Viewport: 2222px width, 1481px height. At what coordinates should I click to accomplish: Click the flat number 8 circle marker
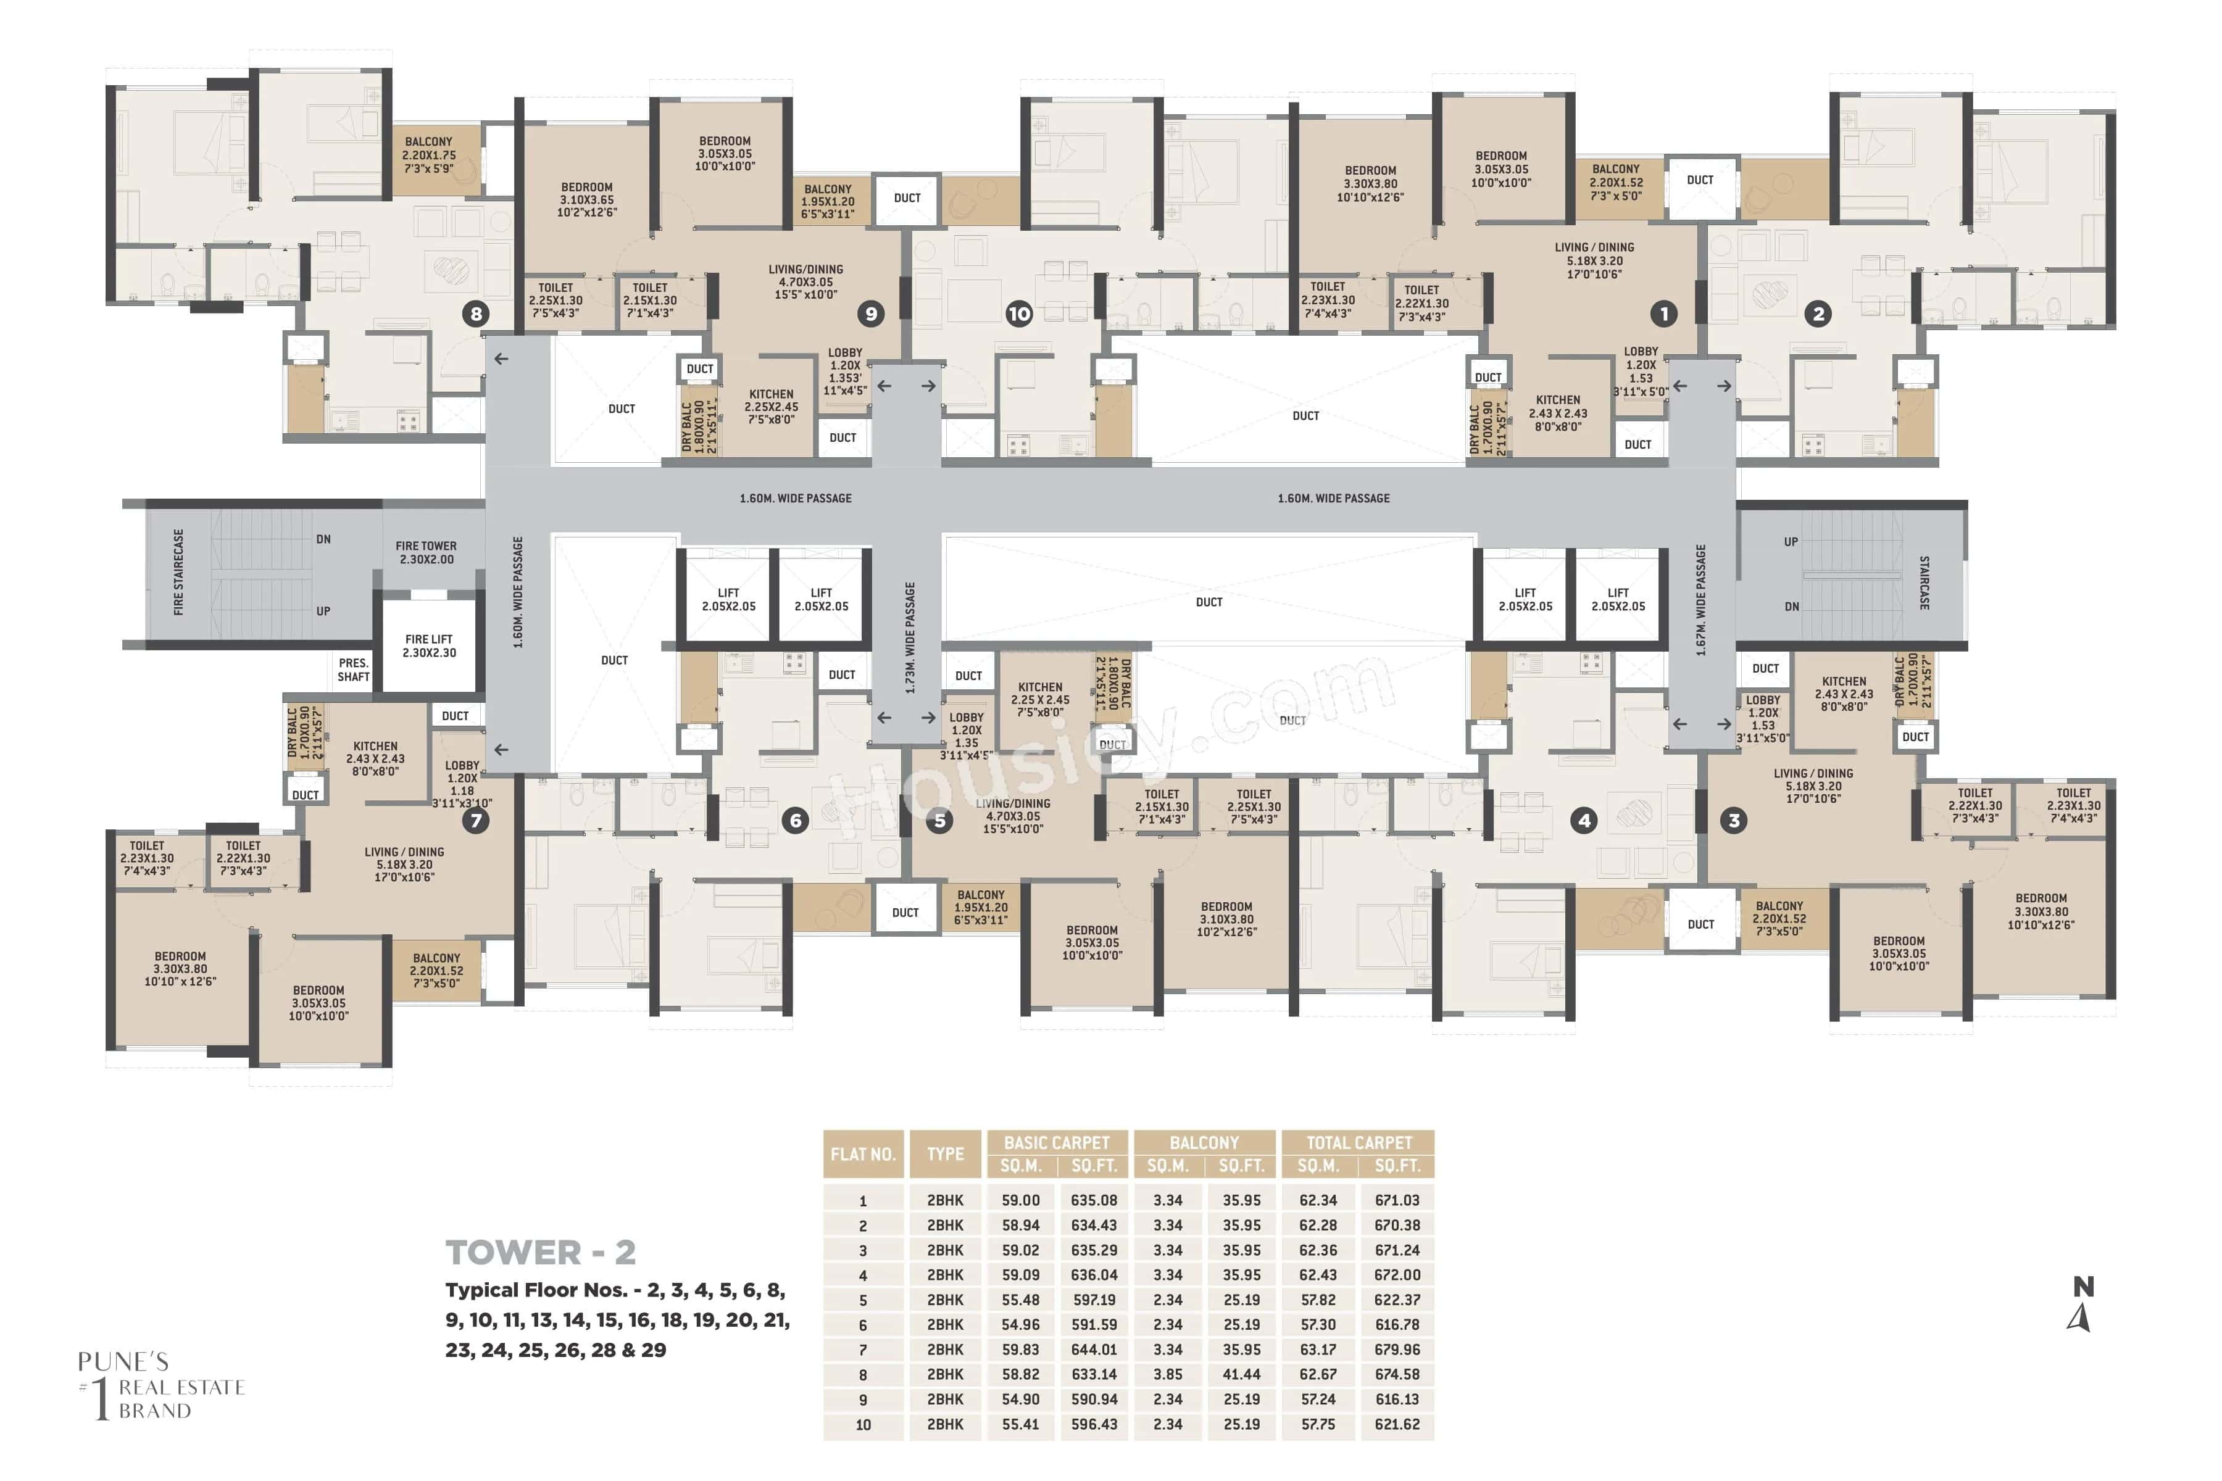pyautogui.click(x=476, y=313)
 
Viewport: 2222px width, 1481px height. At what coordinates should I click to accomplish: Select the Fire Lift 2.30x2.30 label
pyautogui.click(x=429, y=646)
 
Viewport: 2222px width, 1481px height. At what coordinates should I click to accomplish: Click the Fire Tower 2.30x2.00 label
pyautogui.click(x=426, y=552)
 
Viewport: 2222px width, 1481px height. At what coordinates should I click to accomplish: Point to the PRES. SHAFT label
pyautogui.click(x=353, y=670)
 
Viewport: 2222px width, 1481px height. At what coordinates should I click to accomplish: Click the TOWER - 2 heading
pyautogui.click(x=541, y=1253)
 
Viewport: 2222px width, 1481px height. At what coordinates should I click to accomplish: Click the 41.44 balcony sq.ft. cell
pyautogui.click(x=1241, y=1374)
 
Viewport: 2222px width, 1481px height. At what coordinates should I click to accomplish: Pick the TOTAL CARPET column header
pyautogui.click(x=1359, y=1143)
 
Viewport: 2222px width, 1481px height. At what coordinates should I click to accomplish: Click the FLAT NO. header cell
pyautogui.click(x=862, y=1154)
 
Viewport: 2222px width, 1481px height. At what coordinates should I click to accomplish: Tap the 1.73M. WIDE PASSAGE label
pyautogui.click(x=910, y=637)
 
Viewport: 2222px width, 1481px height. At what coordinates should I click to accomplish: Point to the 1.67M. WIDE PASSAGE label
pyautogui.click(x=1700, y=600)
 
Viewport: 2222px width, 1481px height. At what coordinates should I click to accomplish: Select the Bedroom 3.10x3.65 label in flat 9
pyautogui.click(x=587, y=200)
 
